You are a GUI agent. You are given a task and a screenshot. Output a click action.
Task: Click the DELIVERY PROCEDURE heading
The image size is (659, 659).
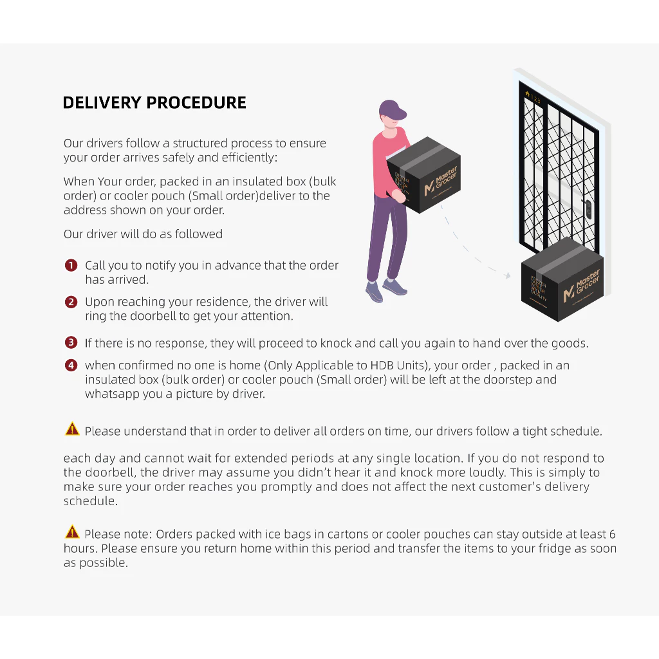(154, 103)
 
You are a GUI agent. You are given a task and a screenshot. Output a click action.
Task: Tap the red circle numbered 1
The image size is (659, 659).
(71, 266)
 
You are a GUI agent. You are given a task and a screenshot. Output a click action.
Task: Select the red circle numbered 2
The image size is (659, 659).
(71, 302)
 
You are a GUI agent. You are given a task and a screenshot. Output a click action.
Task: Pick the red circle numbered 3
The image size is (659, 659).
(71, 343)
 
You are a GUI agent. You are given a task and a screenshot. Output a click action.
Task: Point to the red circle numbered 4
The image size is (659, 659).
(71, 366)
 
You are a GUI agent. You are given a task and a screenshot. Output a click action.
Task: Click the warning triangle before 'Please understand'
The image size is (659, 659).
(72, 429)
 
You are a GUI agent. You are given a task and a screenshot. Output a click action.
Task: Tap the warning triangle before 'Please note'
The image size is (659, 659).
(72, 532)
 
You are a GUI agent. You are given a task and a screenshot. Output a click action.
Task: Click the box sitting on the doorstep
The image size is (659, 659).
(561, 280)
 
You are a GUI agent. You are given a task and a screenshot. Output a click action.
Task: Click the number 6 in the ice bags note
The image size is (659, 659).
(612, 534)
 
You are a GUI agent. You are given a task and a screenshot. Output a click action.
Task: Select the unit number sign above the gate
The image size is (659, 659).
(534, 99)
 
